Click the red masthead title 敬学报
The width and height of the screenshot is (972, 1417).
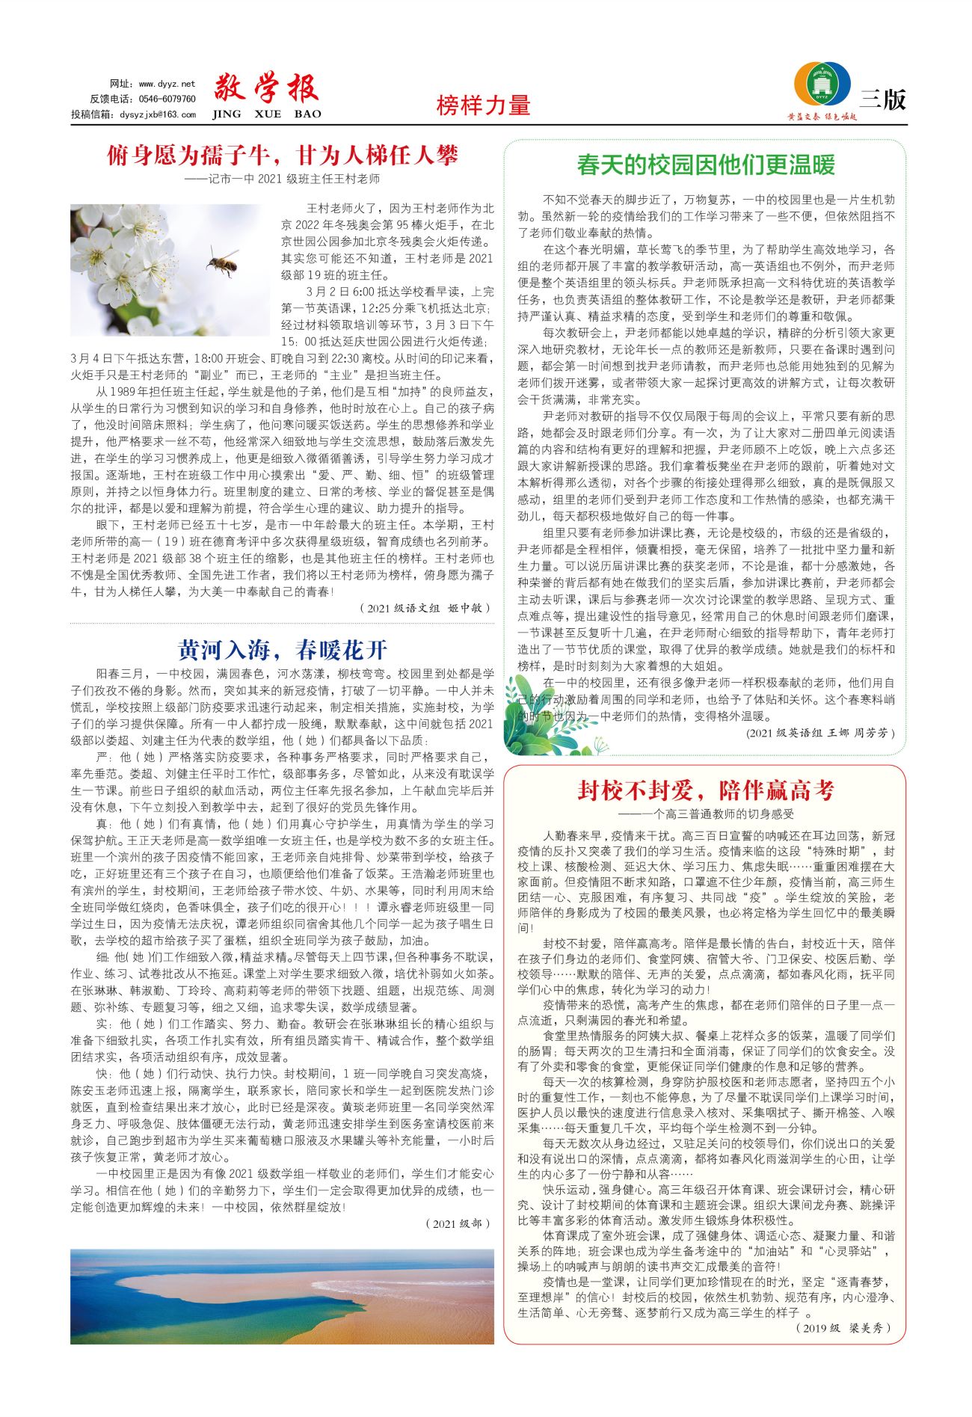pos(267,89)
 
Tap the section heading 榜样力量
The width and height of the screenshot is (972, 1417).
pos(483,105)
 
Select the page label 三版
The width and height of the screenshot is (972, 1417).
pos(883,99)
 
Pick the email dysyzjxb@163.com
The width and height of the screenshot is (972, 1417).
pos(158,114)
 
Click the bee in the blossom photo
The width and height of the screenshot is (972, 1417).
pos(222,262)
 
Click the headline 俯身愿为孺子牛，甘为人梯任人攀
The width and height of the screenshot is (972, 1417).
pos(282,156)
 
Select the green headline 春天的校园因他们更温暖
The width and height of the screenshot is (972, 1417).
pos(705,165)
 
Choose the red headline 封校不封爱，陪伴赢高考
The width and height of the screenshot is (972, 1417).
pos(705,790)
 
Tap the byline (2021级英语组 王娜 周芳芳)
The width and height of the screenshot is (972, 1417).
pos(820,733)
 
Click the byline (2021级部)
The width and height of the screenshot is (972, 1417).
pos(458,1223)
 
